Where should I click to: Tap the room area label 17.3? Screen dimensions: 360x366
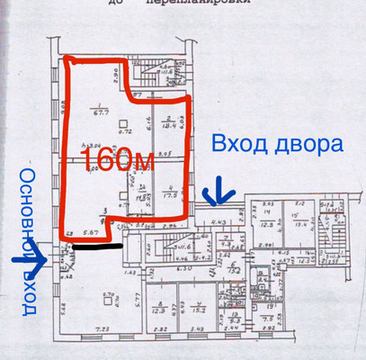coord(167,193)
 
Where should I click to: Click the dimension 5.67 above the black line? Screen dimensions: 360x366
coord(90,231)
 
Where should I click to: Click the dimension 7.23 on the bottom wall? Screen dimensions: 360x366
coord(104,331)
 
